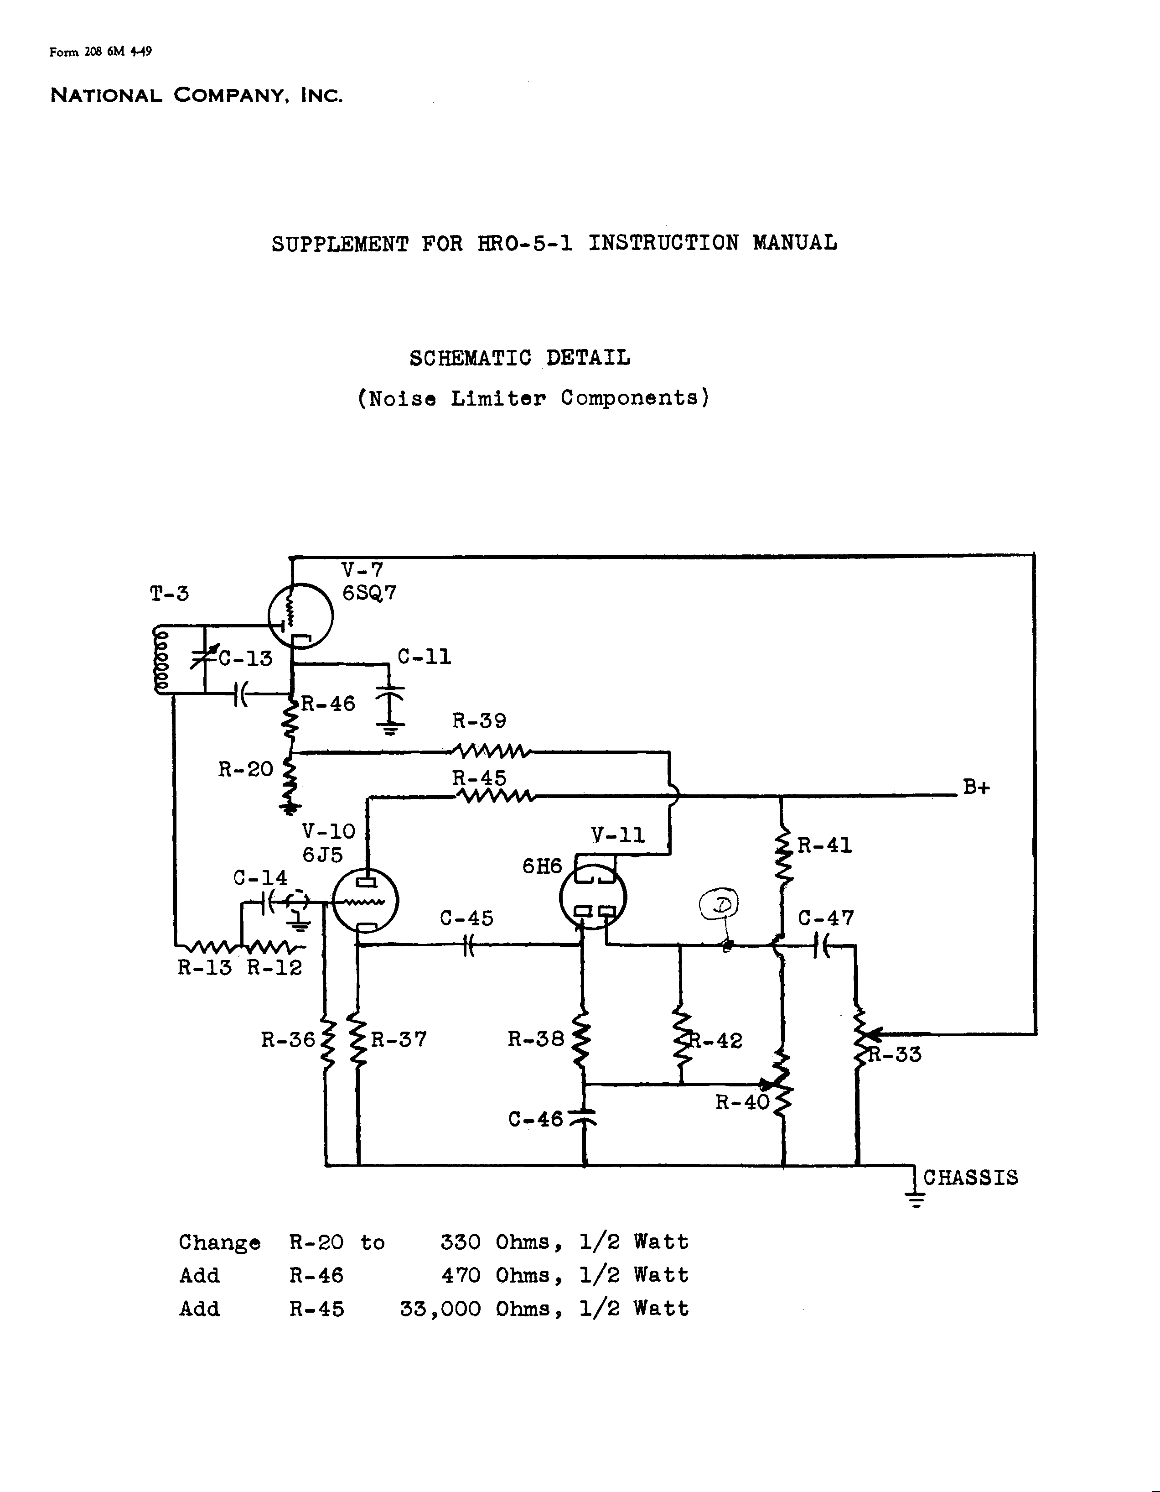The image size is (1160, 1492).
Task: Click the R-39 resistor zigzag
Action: pos(490,751)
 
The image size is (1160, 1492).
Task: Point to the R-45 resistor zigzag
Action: pos(496,795)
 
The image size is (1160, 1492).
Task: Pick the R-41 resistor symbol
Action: pos(782,859)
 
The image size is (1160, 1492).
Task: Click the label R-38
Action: pos(535,1039)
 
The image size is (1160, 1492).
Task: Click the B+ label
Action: pos(976,787)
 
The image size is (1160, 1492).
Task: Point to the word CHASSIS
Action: pos(970,1177)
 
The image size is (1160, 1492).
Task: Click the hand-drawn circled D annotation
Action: pos(720,904)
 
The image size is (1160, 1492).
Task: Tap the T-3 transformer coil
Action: pos(162,659)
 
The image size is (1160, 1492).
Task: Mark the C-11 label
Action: pos(424,657)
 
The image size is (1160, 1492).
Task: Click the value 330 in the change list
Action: pos(460,1242)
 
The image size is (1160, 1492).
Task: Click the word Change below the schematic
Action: pos(219,1242)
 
